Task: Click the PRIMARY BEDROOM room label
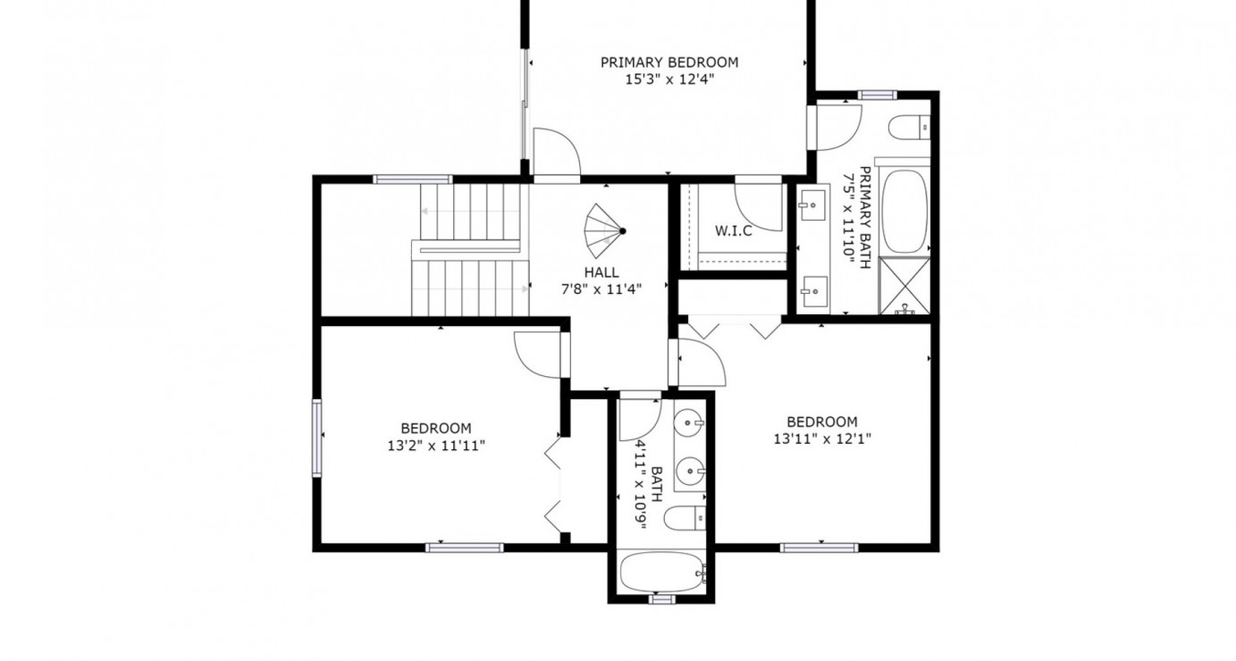pyautogui.click(x=668, y=63)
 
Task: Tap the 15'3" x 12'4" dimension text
pyautogui.click(x=668, y=79)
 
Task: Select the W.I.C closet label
pyautogui.click(x=733, y=231)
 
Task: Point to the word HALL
pyautogui.click(x=601, y=272)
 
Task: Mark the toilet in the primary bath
pyautogui.click(x=912, y=129)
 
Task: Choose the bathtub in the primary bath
pyautogui.click(x=905, y=211)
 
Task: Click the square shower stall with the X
pyautogui.click(x=905, y=286)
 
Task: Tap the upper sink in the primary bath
pyautogui.click(x=813, y=205)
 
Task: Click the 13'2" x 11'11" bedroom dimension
pyautogui.click(x=435, y=445)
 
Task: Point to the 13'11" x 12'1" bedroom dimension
pyautogui.click(x=821, y=439)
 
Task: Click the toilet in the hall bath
pyautogui.click(x=688, y=516)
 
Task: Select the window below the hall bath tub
pyautogui.click(x=661, y=599)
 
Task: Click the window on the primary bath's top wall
pyautogui.click(x=877, y=95)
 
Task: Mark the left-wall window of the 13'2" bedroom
pyautogui.click(x=316, y=437)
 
